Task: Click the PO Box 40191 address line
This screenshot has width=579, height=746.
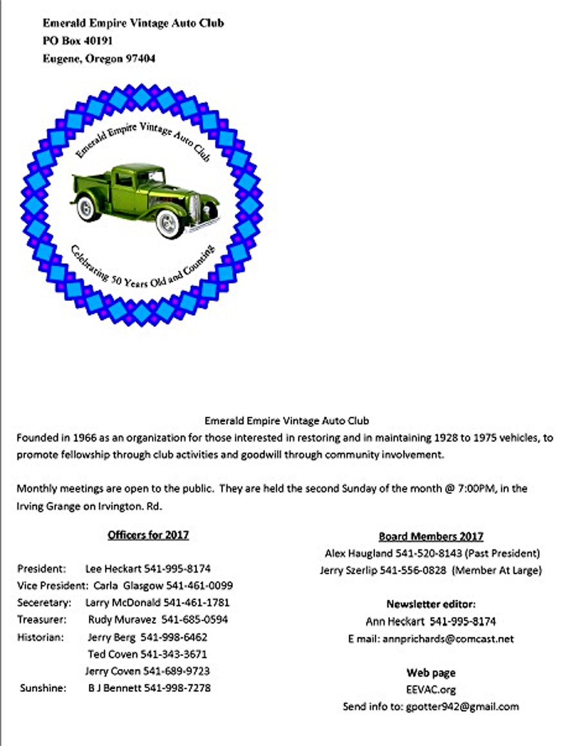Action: [78, 41]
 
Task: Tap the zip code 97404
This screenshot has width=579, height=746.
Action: [140, 59]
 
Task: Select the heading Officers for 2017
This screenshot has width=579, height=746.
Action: [148, 535]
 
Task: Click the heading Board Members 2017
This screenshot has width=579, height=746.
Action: [430, 536]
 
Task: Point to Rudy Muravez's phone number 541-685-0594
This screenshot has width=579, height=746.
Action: [194, 620]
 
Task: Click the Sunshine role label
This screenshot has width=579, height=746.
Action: [42, 688]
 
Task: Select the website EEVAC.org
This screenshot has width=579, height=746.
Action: [430, 690]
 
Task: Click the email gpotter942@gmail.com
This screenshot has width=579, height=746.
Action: [462, 707]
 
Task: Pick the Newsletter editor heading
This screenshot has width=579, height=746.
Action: [430, 605]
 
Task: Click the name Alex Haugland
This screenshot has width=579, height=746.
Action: [351, 553]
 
